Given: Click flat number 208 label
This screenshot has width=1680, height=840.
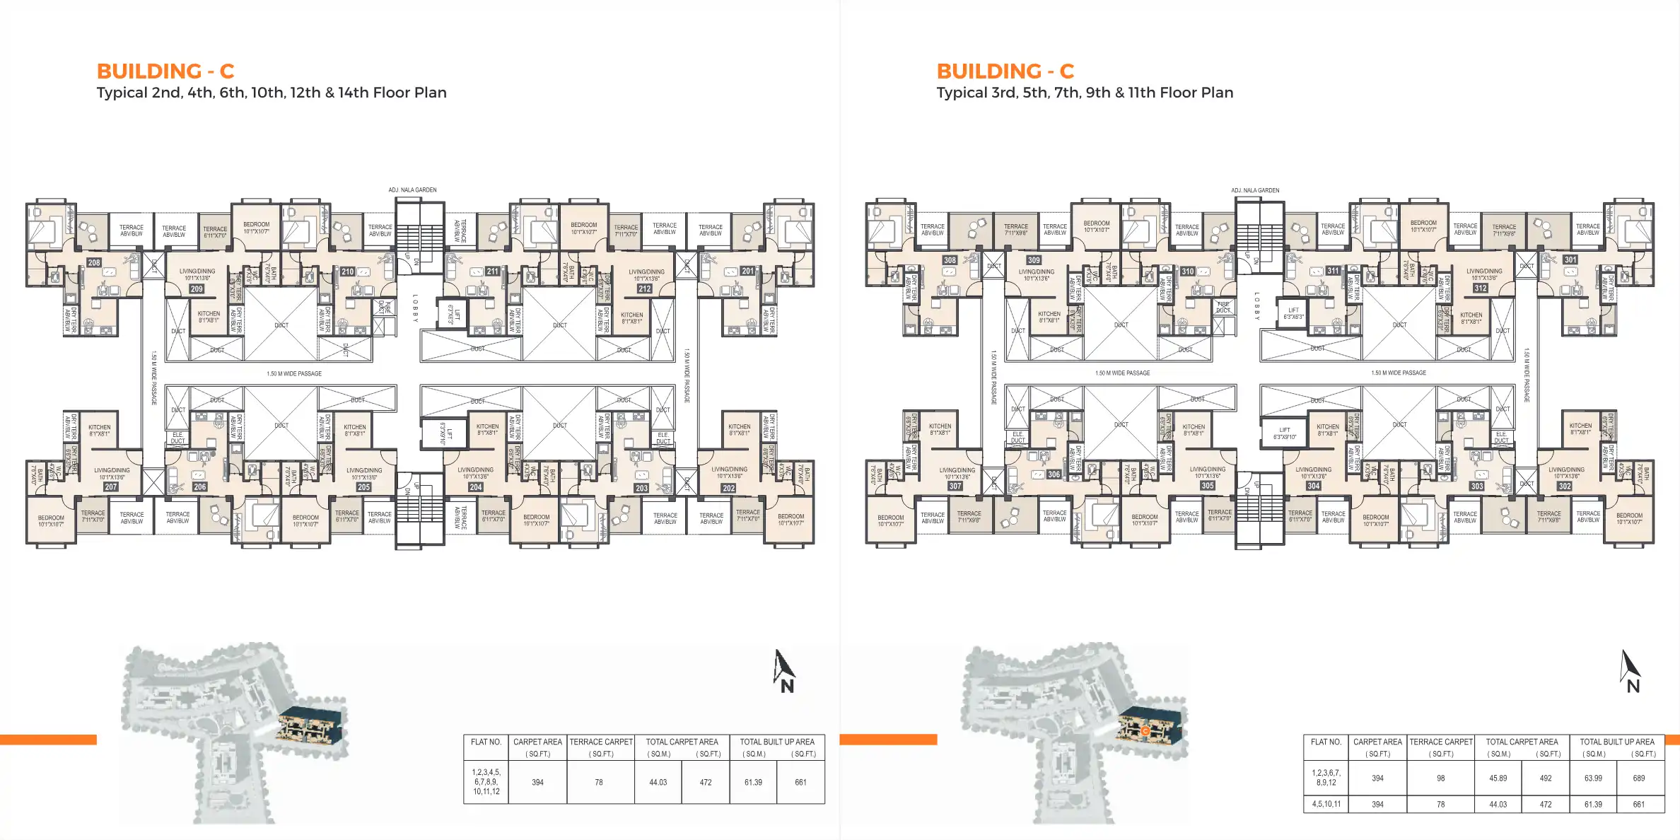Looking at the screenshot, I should (94, 262).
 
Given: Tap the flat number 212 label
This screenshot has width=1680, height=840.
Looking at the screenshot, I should (644, 288).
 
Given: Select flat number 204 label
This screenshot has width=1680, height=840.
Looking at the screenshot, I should (476, 487).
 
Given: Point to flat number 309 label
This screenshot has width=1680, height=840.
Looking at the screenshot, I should (1034, 260).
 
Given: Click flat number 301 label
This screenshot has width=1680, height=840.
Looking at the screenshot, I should (1570, 259).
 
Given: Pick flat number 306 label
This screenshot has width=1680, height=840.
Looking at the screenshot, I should (1054, 474).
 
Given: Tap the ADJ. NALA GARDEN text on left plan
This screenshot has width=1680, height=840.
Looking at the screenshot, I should (412, 189).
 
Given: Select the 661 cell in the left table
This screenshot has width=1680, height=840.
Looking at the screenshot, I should (800, 782).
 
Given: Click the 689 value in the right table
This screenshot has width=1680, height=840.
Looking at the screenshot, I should (1638, 778).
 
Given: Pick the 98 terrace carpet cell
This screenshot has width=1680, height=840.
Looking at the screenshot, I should (1440, 778).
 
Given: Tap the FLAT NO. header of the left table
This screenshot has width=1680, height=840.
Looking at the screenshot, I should (486, 742).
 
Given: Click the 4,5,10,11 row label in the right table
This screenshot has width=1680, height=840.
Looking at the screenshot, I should (1326, 804).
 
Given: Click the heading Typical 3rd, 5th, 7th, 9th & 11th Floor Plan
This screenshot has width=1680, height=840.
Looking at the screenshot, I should (1084, 93).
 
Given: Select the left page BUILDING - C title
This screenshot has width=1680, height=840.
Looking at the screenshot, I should (165, 71).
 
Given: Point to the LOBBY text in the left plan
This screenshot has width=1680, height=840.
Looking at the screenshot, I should (415, 308).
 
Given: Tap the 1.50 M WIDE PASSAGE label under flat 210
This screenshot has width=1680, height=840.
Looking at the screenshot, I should (294, 373).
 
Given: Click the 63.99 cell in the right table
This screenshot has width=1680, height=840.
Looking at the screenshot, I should (1592, 778).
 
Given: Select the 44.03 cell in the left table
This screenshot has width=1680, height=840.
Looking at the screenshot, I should (658, 782).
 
